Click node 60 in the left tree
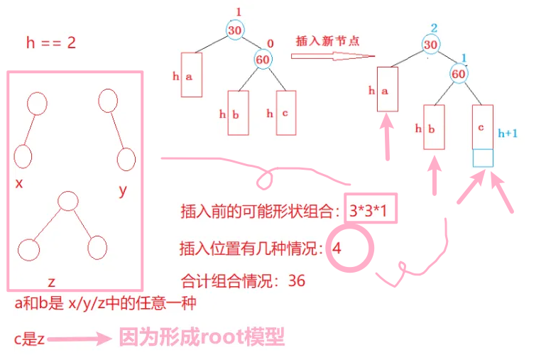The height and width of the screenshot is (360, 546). click(263, 60)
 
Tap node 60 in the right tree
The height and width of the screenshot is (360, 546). click(458, 73)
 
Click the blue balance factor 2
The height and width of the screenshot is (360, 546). click(434, 27)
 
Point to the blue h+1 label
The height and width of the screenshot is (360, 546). click(508, 132)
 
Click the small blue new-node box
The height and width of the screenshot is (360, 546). click(483, 158)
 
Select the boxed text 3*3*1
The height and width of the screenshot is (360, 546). click(369, 210)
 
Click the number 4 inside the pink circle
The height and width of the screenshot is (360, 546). click(337, 249)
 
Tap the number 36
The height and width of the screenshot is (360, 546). click(297, 281)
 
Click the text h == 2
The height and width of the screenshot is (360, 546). click(50, 43)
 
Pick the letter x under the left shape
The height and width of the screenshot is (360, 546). click(19, 183)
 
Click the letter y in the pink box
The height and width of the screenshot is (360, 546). click(123, 190)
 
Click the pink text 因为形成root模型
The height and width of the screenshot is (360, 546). click(201, 337)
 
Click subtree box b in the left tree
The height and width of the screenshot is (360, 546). click(238, 112)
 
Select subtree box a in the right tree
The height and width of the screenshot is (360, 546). click(387, 89)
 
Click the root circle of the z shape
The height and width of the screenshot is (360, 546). click(67, 201)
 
